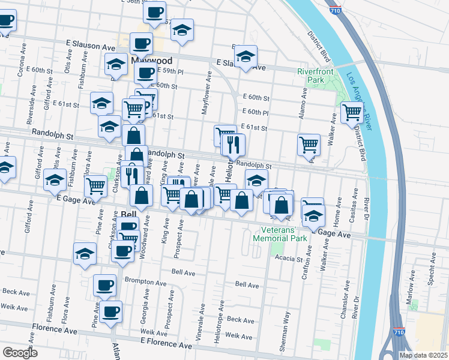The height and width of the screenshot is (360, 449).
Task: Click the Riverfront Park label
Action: (310, 76)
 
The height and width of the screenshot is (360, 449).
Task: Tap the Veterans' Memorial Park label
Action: (284, 234)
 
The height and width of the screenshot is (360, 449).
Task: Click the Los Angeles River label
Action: (360, 101)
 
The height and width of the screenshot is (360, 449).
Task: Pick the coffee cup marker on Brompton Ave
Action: (104, 284)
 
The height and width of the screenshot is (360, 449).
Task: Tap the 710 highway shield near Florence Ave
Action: (399, 332)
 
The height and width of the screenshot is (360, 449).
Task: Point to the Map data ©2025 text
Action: (423, 355)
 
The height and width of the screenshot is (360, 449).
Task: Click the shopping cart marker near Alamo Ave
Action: (308, 143)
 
